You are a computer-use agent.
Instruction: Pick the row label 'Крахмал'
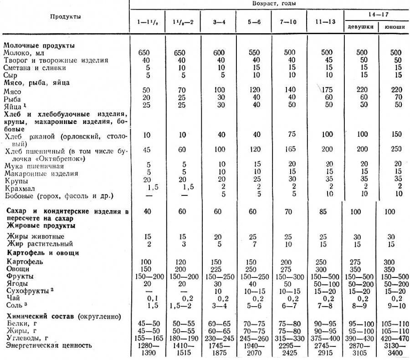click(17, 188)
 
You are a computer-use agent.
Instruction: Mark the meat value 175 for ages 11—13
click(323, 90)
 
